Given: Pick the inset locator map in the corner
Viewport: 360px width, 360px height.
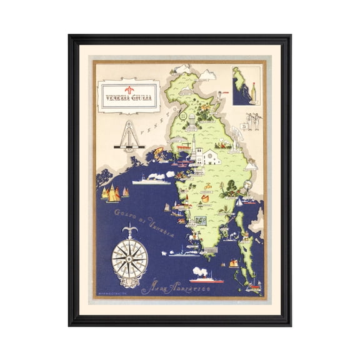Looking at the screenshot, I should [x=245, y=86].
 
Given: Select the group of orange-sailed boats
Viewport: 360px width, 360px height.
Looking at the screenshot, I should [x=112, y=194].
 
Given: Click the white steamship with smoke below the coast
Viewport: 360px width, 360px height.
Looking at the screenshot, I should [x=151, y=180].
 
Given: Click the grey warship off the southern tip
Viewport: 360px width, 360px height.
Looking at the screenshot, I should [x=182, y=252].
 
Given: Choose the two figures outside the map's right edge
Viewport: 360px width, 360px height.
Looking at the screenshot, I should [x=253, y=121].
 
